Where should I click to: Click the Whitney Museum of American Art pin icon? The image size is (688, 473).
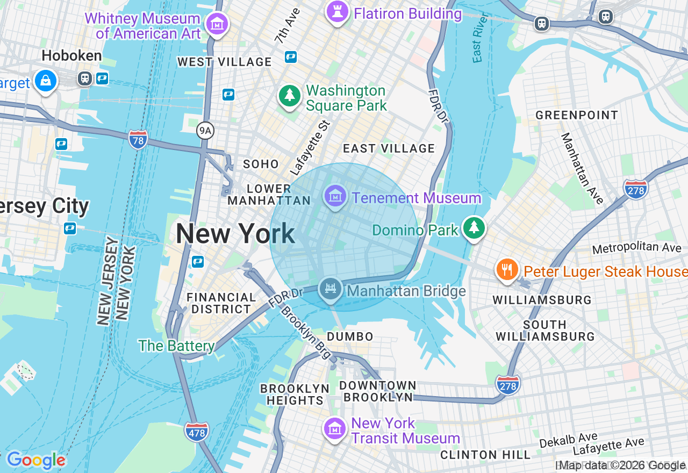point(217,24)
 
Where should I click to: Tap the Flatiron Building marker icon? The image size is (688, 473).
point(337,11)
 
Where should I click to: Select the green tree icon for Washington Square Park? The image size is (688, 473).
point(290,96)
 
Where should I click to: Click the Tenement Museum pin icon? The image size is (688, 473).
point(335,197)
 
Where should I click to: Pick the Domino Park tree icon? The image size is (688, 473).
point(474,228)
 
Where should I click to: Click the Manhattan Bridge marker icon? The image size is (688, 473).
point(331,289)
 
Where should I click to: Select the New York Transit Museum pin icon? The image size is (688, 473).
point(335,429)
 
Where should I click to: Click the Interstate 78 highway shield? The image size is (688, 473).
point(138,140)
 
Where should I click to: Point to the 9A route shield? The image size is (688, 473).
point(205,130)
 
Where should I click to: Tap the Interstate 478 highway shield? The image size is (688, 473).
point(196,432)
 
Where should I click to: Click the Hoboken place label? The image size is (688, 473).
point(71,56)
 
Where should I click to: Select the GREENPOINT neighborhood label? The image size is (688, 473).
point(577,115)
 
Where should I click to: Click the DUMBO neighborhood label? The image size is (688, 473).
point(350,336)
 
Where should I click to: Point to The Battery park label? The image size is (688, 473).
point(176,346)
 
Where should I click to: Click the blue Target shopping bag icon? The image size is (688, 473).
point(46,81)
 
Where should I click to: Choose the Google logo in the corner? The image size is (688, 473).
point(35,460)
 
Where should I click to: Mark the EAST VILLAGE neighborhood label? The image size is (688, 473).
point(389,148)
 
